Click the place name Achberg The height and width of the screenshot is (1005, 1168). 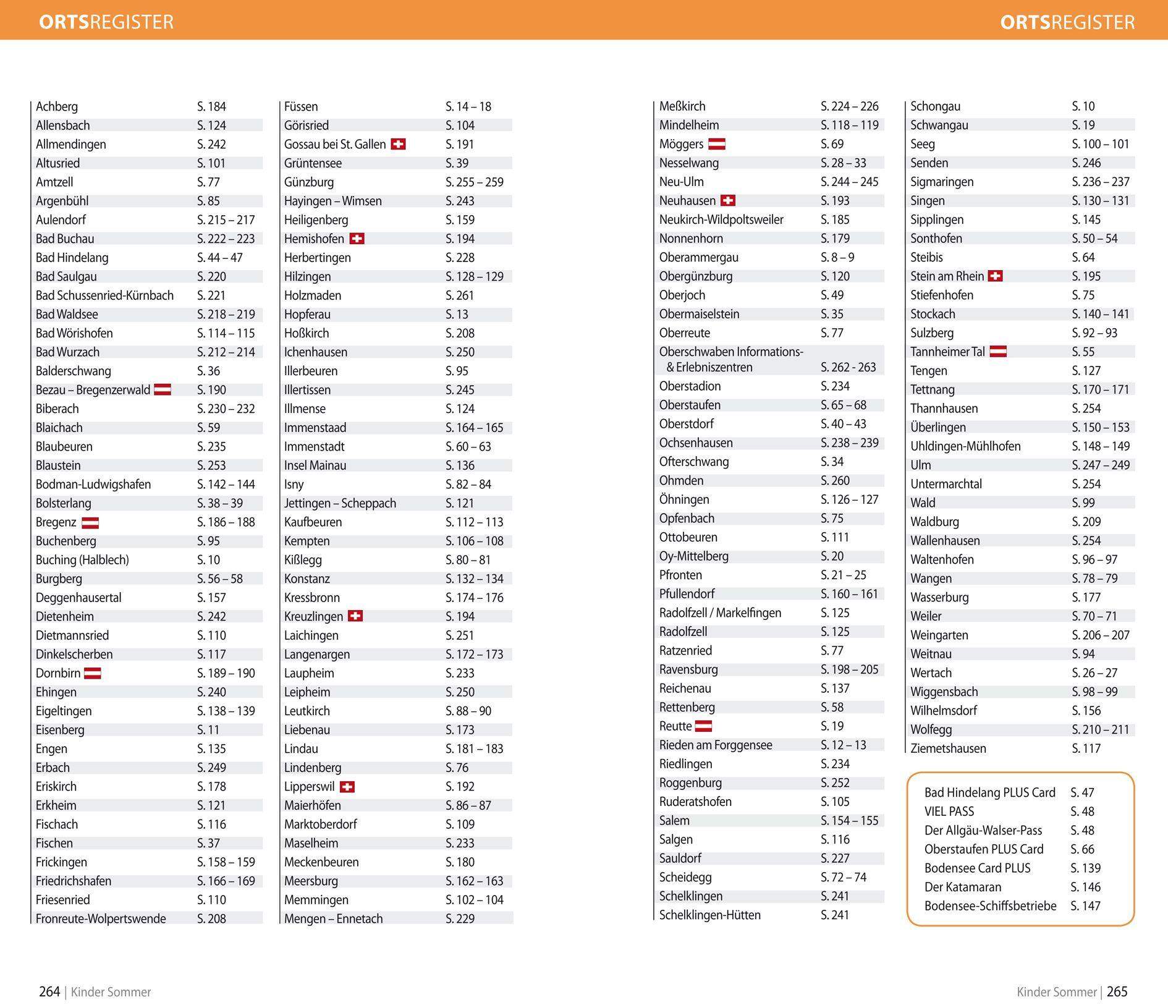[57, 107]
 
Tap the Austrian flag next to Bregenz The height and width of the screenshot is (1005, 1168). [90, 523]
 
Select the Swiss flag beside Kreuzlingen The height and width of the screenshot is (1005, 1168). [355, 616]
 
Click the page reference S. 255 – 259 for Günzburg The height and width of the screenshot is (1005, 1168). [474, 182]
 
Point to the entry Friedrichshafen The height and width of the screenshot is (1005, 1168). [74, 881]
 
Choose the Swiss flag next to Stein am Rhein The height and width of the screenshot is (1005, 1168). [995, 276]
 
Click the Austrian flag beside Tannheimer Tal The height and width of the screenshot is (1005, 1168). [998, 352]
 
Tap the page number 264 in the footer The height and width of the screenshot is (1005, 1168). [49, 992]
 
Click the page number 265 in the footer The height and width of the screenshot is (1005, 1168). [1117, 992]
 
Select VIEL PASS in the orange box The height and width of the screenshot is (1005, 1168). [949, 812]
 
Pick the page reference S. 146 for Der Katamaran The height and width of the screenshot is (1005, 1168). [1086, 887]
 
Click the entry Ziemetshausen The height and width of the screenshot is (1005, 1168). [948, 748]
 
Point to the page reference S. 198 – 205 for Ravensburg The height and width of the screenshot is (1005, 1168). [849, 669]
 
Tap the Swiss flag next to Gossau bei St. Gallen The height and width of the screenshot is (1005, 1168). [398, 145]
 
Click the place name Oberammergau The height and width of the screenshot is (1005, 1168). [699, 257]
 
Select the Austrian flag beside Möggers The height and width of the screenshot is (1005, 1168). [716, 145]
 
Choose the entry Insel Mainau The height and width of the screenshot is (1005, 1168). [315, 465]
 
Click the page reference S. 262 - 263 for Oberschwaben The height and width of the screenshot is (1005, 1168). [848, 367]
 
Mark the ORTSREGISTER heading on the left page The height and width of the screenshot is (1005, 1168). [106, 22]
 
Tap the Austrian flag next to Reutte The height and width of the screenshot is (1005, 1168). [703, 726]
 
